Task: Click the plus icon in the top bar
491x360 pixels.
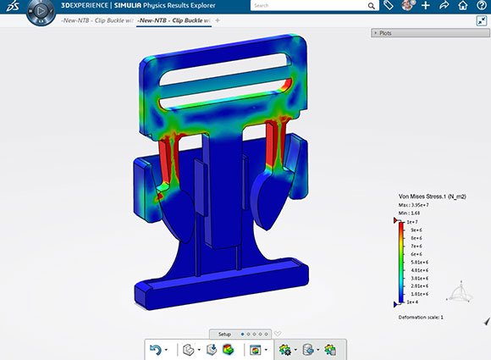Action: (x=426, y=5)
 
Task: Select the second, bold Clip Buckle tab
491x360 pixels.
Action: (x=174, y=19)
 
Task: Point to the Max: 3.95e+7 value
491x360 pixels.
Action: (x=414, y=204)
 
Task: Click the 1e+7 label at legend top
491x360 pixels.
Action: (x=412, y=221)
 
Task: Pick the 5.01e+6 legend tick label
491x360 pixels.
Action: (x=417, y=262)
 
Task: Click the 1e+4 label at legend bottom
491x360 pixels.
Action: (x=412, y=302)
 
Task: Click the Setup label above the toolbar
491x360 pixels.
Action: (x=224, y=334)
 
